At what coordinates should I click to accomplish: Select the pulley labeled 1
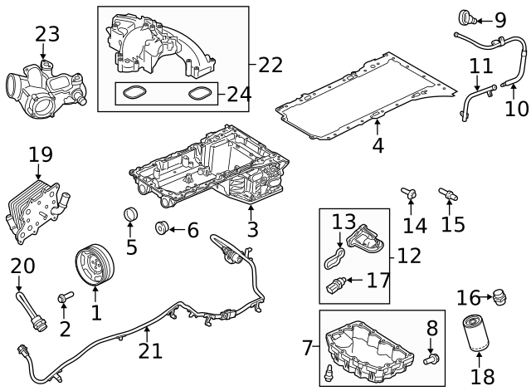coord(93,265)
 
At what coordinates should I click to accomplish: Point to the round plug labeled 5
coord(130,217)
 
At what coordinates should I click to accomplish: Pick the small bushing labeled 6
coord(163,228)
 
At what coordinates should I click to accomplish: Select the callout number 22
coord(270,64)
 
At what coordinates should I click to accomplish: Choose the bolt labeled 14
coord(409,195)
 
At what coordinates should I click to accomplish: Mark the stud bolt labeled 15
coord(446,195)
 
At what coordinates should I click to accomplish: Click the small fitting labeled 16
coord(499,296)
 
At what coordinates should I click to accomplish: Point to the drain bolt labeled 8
coord(431,359)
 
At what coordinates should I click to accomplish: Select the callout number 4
coord(378,169)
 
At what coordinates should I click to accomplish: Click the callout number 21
coord(150,351)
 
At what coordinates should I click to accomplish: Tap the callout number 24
coord(239,94)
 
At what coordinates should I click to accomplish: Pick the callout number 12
coord(408,256)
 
